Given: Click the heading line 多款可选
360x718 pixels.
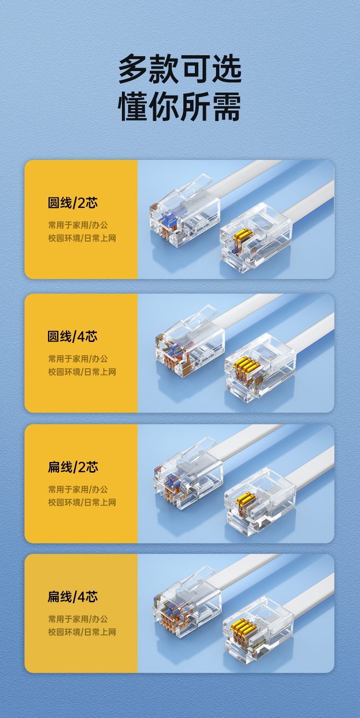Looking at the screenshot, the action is (180, 69).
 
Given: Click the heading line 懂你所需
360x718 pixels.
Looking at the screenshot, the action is (180, 107).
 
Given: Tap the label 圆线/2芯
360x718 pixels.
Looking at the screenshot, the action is (72, 203).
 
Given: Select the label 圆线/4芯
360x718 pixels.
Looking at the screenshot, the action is (72, 337).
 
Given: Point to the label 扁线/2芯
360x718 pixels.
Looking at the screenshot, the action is (72, 467).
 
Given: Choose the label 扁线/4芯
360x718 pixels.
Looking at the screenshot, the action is (72, 597).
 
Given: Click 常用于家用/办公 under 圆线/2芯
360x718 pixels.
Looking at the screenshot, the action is (78, 225).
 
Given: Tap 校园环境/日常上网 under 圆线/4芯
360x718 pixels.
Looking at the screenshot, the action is (82, 372).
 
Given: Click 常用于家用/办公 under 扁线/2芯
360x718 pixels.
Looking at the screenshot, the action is (78, 489).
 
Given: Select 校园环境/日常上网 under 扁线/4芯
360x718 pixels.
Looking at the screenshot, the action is (82, 632).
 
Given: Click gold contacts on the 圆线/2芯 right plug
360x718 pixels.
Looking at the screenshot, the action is (242, 236).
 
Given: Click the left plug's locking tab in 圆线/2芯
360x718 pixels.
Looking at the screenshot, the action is (196, 185).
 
